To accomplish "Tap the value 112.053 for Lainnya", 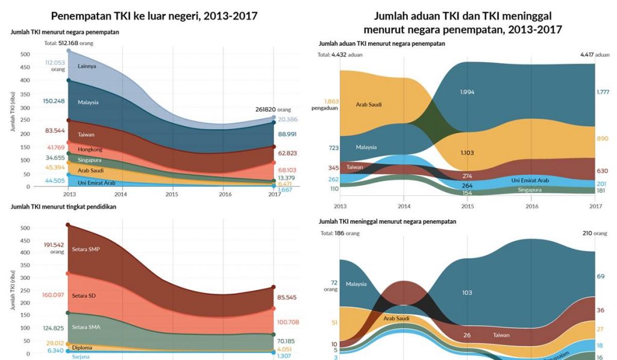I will (54, 63).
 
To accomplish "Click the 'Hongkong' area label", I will (90, 149).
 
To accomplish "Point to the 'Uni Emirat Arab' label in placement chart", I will (96, 182).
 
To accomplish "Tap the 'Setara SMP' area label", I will (86, 249).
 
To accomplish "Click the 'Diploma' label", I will (82, 348).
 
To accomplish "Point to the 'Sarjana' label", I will (81, 357).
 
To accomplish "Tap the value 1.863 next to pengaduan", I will (333, 101).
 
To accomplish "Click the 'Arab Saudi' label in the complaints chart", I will (368, 104).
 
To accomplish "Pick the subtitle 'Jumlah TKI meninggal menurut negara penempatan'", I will (387, 221).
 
